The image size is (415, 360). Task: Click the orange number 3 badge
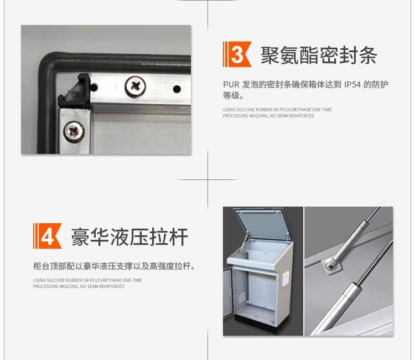[x=237, y=54]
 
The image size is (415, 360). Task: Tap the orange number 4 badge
[x=48, y=236]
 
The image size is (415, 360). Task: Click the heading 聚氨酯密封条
[x=319, y=55]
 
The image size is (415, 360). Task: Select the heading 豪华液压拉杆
[x=129, y=236]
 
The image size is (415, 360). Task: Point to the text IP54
[x=352, y=85]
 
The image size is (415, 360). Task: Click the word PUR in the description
[x=231, y=85]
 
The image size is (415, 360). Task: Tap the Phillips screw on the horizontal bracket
[x=135, y=86]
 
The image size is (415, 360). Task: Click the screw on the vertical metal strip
[x=74, y=131]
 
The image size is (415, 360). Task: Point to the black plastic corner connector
[x=74, y=91]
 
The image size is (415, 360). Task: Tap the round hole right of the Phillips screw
[x=177, y=89]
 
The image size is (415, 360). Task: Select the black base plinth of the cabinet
[x=256, y=323]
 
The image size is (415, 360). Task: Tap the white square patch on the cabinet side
[x=286, y=279]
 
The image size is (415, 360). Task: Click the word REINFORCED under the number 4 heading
[x=112, y=286]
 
